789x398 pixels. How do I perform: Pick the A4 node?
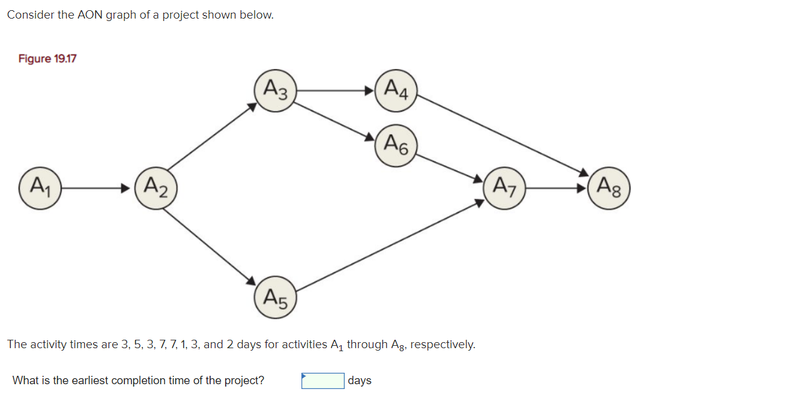coord(396,91)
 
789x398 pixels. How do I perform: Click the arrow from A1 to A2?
coord(96,188)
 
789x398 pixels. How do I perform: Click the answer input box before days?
coord(323,381)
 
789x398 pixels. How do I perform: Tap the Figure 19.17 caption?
coord(47,59)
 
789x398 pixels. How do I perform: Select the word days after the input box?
coord(359,381)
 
